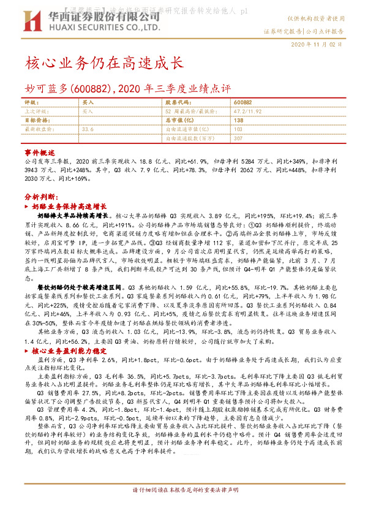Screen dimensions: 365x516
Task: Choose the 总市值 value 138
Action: tap(238, 121)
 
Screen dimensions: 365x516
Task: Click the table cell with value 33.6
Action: tap(88, 129)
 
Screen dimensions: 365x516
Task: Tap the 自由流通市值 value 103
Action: tap(238, 129)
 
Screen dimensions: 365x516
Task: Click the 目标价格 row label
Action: tap(36, 121)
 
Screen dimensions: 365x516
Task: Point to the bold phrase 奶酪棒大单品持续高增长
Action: tap(73, 216)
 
